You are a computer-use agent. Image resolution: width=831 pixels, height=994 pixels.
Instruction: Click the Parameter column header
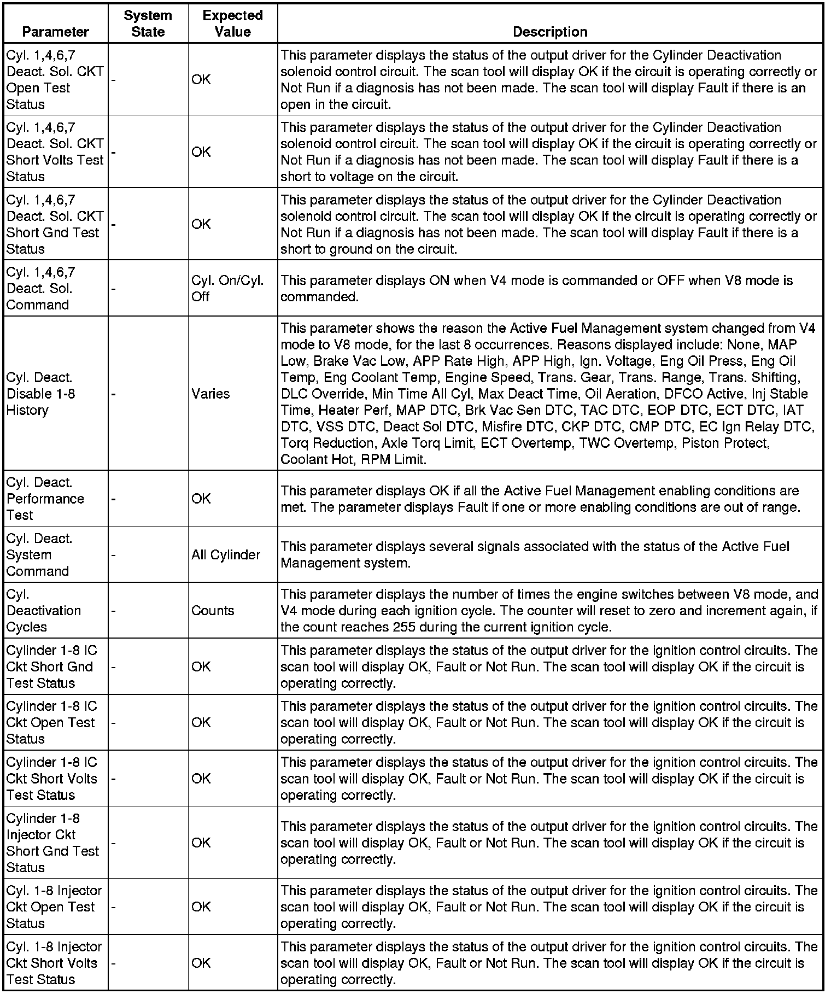pos(55,32)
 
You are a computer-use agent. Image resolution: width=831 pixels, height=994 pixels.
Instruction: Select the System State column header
pos(148,24)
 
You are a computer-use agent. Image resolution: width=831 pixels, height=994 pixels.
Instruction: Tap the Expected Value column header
pos(232,24)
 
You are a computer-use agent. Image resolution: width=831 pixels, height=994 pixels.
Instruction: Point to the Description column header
pos(550,32)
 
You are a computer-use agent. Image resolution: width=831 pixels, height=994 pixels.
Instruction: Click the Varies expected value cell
pos(210,394)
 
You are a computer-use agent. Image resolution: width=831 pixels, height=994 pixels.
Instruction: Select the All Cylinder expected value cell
pos(225,555)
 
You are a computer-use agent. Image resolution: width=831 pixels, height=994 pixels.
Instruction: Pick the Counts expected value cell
pos(213,611)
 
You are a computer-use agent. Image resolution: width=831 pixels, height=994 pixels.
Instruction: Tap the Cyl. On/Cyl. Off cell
pos(227,289)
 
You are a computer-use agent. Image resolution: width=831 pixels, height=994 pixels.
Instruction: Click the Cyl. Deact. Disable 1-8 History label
pos(40,394)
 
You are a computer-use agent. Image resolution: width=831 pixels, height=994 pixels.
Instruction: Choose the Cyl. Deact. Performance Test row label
pos(45,499)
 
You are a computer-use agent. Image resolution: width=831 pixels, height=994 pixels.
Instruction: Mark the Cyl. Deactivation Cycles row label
pos(43,611)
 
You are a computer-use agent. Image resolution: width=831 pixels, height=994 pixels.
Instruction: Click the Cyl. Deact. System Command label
pos(39,555)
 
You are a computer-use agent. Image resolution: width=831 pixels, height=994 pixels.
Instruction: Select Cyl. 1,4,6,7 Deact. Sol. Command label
pos(40,288)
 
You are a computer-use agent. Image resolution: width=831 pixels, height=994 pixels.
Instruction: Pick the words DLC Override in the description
pos(323,394)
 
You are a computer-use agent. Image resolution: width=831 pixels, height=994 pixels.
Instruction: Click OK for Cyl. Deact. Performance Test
pos(201,499)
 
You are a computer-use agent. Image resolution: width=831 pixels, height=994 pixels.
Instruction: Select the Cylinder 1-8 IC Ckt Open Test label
pos(51,722)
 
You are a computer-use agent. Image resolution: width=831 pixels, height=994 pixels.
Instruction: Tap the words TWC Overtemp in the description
pos(637,443)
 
